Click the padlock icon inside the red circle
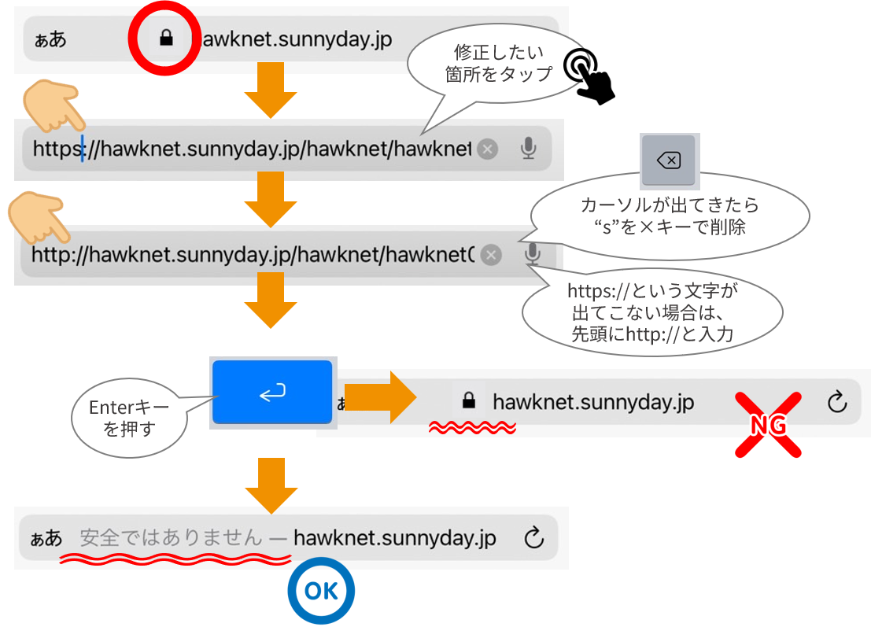pos(165,39)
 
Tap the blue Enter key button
pos(272,392)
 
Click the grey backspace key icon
pos(668,161)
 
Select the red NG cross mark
pos(768,425)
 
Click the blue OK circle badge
pos(320,591)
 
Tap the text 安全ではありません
pos(171,538)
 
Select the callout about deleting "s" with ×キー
pos(670,216)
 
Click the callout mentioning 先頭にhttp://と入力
pos(652,312)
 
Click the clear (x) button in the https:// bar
pos(488,149)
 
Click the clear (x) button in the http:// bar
pos(491,255)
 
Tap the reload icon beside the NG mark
pos(837,402)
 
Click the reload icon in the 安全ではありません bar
pos(533,538)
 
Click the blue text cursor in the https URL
pos(82,148)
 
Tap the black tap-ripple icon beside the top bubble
pos(578,66)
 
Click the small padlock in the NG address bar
pos(469,401)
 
